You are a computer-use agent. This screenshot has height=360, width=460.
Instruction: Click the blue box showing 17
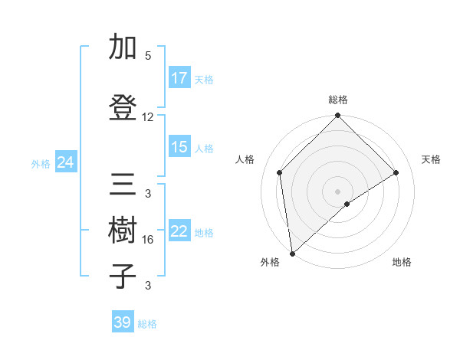(x=179, y=78)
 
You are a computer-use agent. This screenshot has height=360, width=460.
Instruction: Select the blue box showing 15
(x=179, y=147)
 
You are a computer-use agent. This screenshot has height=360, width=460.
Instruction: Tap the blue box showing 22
(x=179, y=231)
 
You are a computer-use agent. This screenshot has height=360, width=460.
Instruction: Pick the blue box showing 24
(x=65, y=162)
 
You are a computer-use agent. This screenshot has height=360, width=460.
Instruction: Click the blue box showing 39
(x=123, y=322)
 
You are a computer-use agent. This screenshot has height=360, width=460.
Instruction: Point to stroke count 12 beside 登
(x=148, y=117)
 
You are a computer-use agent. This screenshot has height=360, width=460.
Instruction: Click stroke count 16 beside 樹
(x=148, y=240)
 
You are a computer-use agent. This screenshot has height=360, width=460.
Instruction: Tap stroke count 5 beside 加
(x=148, y=56)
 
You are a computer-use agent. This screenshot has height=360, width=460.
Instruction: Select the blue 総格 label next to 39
(x=147, y=324)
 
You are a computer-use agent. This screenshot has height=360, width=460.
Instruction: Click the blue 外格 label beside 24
(x=41, y=163)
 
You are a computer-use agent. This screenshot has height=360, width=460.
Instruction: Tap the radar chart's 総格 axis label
(x=338, y=100)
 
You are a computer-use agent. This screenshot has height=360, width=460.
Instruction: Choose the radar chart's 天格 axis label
(x=431, y=159)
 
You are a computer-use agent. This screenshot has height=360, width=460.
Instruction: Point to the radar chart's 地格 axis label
(x=402, y=262)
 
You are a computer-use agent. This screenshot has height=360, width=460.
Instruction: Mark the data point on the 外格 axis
(x=291, y=254)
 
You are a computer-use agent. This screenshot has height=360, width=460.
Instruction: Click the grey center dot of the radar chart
(x=337, y=191)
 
